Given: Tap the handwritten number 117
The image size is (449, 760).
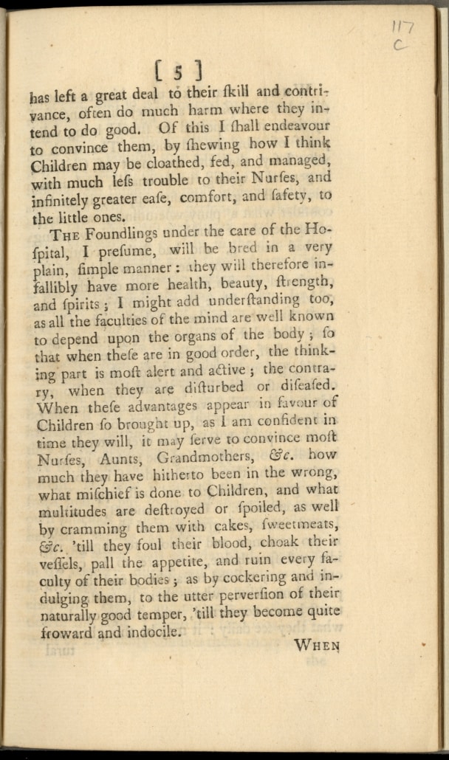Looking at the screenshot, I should point(403,27).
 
